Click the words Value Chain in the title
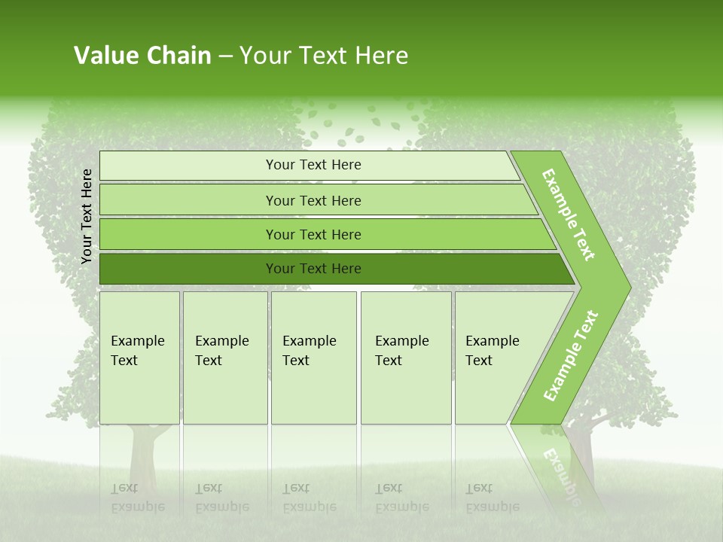point(142,56)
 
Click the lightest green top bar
point(313,165)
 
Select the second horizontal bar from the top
point(313,200)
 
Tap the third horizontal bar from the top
point(313,234)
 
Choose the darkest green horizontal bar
point(313,269)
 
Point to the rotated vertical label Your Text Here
point(87,216)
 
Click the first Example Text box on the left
point(139,357)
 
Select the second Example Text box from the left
point(224,357)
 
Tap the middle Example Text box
point(313,357)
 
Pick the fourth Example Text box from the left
point(405,357)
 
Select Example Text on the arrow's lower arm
point(571,355)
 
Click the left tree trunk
point(141,459)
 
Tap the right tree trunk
point(582,452)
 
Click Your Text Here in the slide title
point(324,56)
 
